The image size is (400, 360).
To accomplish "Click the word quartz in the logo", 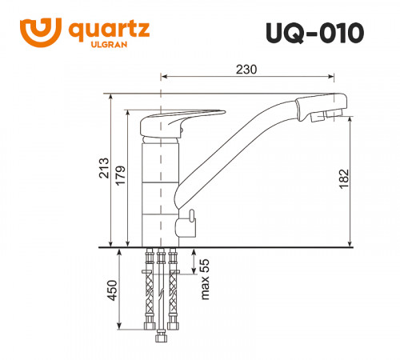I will (106, 31).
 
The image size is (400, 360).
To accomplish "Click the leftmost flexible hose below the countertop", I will (149, 292).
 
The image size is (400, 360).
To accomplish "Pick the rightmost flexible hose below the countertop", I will (173, 292).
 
